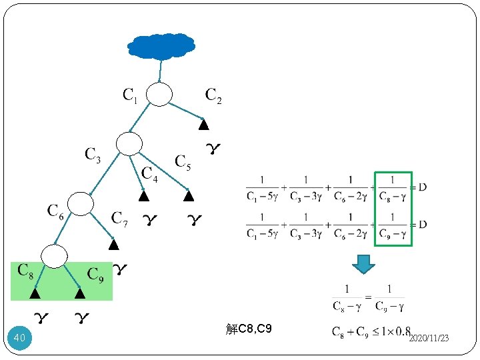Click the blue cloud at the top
(161, 45)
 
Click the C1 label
(131, 96)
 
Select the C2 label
(213, 96)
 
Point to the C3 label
(93, 155)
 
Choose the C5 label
(183, 161)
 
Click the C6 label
(56, 211)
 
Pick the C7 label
(120, 218)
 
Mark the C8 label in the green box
(25, 271)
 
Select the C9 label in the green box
(96, 273)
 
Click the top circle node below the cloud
(159, 95)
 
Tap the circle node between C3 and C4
(129, 143)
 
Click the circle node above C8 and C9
(55, 255)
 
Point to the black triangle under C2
(204, 125)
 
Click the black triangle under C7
(113, 245)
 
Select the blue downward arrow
(363, 264)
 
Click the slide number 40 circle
(19, 339)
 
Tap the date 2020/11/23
(429, 339)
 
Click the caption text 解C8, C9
(249, 329)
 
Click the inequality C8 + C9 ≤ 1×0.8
(371, 331)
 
